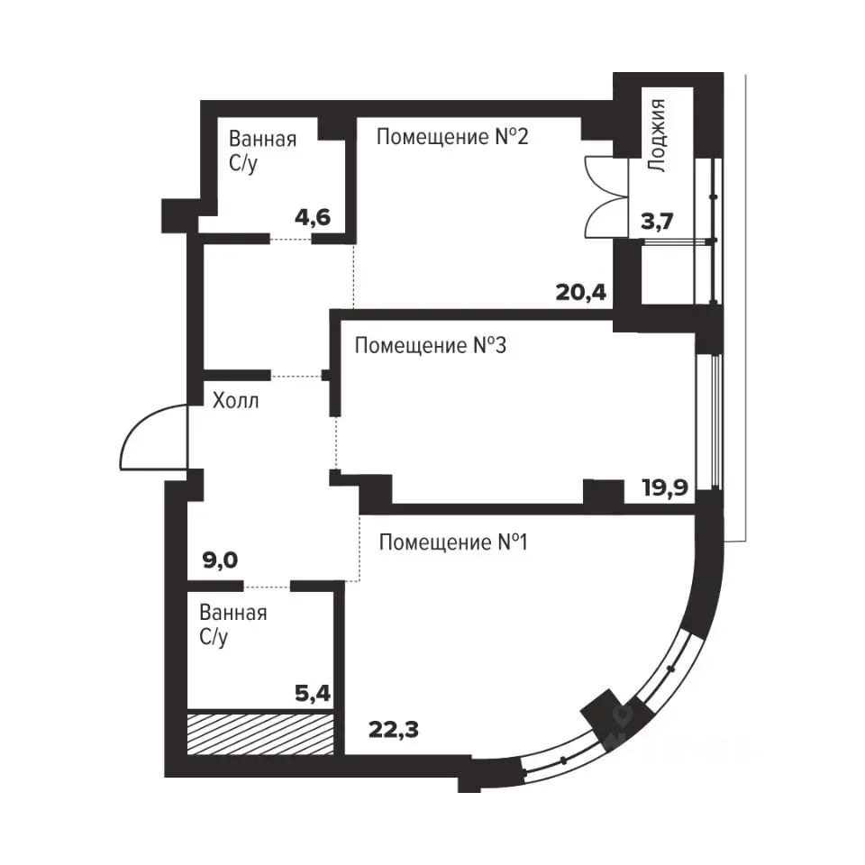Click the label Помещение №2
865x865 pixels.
(x=452, y=137)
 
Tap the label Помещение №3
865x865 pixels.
(x=431, y=345)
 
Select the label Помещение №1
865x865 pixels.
(x=453, y=542)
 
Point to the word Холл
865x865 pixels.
(x=235, y=400)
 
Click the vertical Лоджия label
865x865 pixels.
(x=656, y=136)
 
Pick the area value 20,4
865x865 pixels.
(x=581, y=292)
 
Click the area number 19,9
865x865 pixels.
(x=665, y=487)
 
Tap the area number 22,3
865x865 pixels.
(x=394, y=730)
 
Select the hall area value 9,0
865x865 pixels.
(x=220, y=560)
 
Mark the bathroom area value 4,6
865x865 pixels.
(x=313, y=217)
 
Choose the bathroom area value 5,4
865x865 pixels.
(x=313, y=693)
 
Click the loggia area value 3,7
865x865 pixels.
(x=657, y=222)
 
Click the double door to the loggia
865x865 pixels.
(x=605, y=197)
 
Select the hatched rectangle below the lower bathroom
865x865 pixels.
(x=260, y=733)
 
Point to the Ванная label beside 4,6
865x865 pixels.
(x=262, y=139)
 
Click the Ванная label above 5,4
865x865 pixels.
(x=232, y=613)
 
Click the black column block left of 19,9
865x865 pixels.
(x=604, y=492)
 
